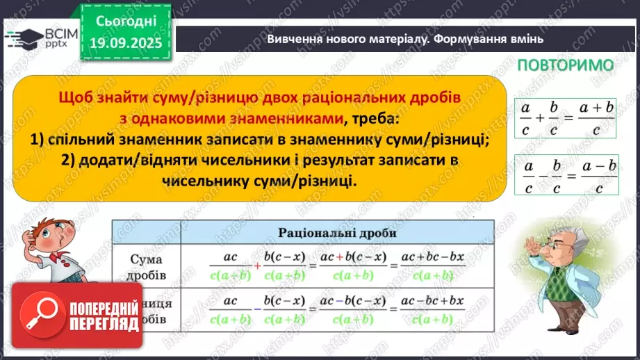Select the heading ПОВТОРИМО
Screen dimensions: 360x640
click(566, 65)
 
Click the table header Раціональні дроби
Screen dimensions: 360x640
click(337, 233)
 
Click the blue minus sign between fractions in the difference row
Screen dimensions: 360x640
click(257, 309)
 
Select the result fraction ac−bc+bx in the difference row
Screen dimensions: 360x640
click(429, 309)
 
